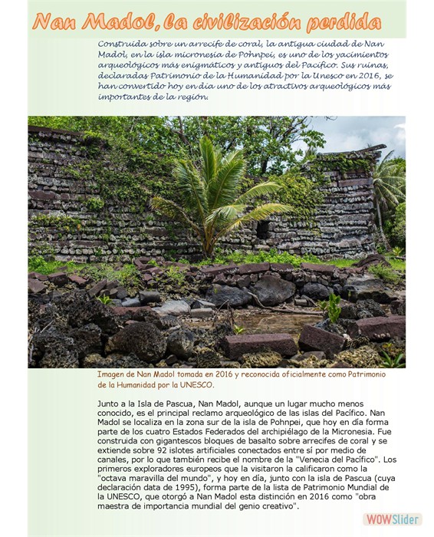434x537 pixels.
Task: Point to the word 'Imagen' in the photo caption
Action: (x=112, y=374)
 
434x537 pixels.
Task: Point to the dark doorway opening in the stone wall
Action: (x=263, y=229)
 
